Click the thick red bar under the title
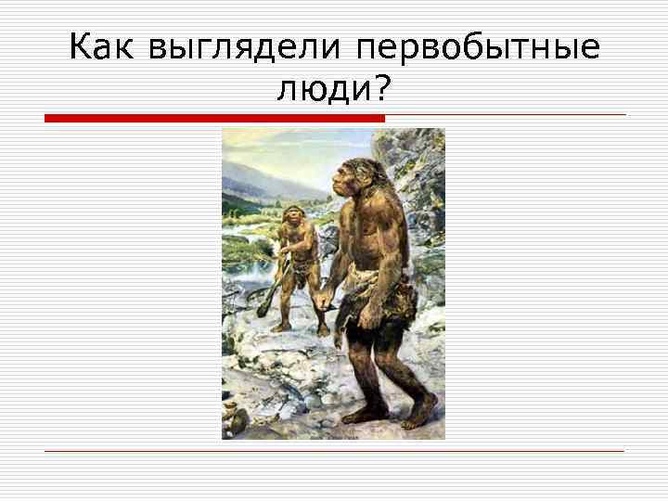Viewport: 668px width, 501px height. coord(214,118)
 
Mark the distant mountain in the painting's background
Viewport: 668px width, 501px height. coord(250,172)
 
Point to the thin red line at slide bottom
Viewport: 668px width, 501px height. coord(334,451)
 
